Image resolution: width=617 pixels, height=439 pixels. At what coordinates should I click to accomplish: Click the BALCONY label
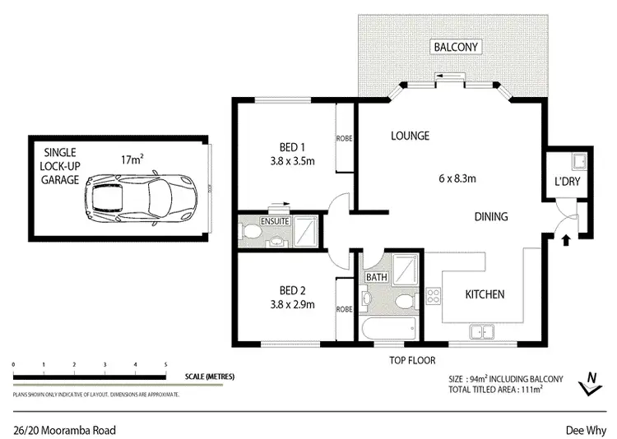tap(457, 47)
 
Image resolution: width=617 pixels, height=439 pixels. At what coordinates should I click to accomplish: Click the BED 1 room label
tap(286, 148)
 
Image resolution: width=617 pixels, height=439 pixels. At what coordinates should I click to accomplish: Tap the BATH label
tap(376, 277)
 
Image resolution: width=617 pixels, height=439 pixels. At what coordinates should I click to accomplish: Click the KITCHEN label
tap(485, 294)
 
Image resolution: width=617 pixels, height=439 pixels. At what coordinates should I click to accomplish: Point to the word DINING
tap(490, 217)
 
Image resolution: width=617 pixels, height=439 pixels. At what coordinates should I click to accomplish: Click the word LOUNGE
tap(411, 136)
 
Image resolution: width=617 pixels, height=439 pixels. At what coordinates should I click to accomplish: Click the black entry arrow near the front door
tap(565, 241)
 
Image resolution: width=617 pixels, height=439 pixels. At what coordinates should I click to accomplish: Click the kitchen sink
tap(481, 332)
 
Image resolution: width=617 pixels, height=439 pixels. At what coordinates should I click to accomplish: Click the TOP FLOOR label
tap(412, 360)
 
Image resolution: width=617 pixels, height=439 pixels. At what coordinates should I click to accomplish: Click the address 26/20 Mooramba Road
tap(64, 430)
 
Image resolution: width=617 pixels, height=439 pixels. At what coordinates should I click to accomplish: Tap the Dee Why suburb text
tap(585, 430)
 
